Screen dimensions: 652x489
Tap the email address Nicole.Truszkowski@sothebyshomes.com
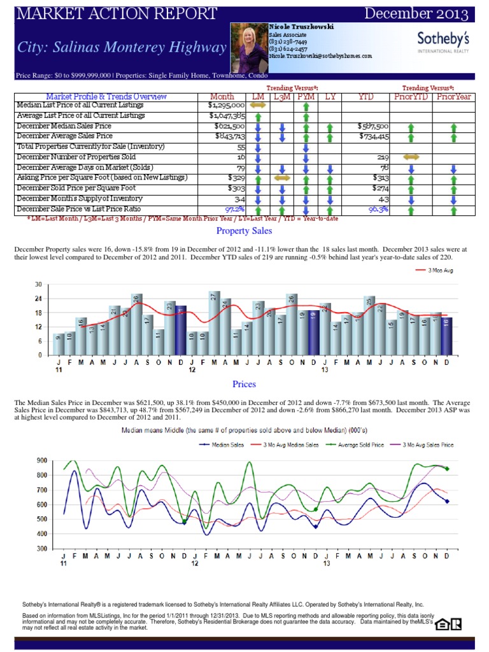[320, 56]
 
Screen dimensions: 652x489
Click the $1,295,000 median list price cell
[226, 105]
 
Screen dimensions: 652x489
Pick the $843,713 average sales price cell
[228, 136]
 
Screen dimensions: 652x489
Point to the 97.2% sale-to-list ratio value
[235, 209]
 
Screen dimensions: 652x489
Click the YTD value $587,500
[372, 126]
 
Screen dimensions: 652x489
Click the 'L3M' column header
[282, 96]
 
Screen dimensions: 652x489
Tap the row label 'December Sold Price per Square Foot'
[76, 188]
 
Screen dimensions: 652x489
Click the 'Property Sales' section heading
[244, 230]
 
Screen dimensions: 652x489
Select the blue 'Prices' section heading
[244, 384]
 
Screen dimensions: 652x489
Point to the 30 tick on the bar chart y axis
[38, 285]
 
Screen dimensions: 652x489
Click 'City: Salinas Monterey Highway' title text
[122, 48]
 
